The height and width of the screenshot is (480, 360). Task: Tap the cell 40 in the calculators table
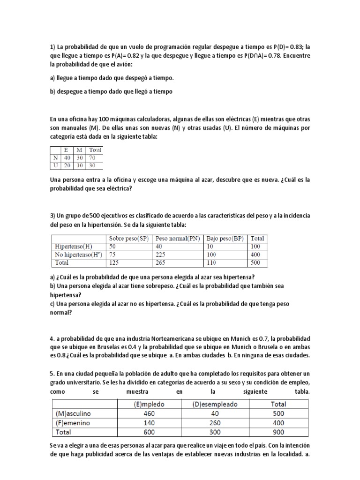pyautogui.click(x=68, y=157)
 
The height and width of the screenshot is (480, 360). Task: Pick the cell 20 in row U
pyautogui.click(x=68, y=165)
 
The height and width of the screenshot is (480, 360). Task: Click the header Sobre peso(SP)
pyautogui.click(x=128, y=238)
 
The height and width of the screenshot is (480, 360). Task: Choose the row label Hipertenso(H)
pyautogui.click(x=73, y=246)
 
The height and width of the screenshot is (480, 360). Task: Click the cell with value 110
pyautogui.click(x=212, y=263)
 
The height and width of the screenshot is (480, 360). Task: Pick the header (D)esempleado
pyautogui.click(x=215, y=404)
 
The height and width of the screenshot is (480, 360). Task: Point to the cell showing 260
pyautogui.click(x=215, y=422)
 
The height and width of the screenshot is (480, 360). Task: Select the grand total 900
pyautogui.click(x=278, y=432)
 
